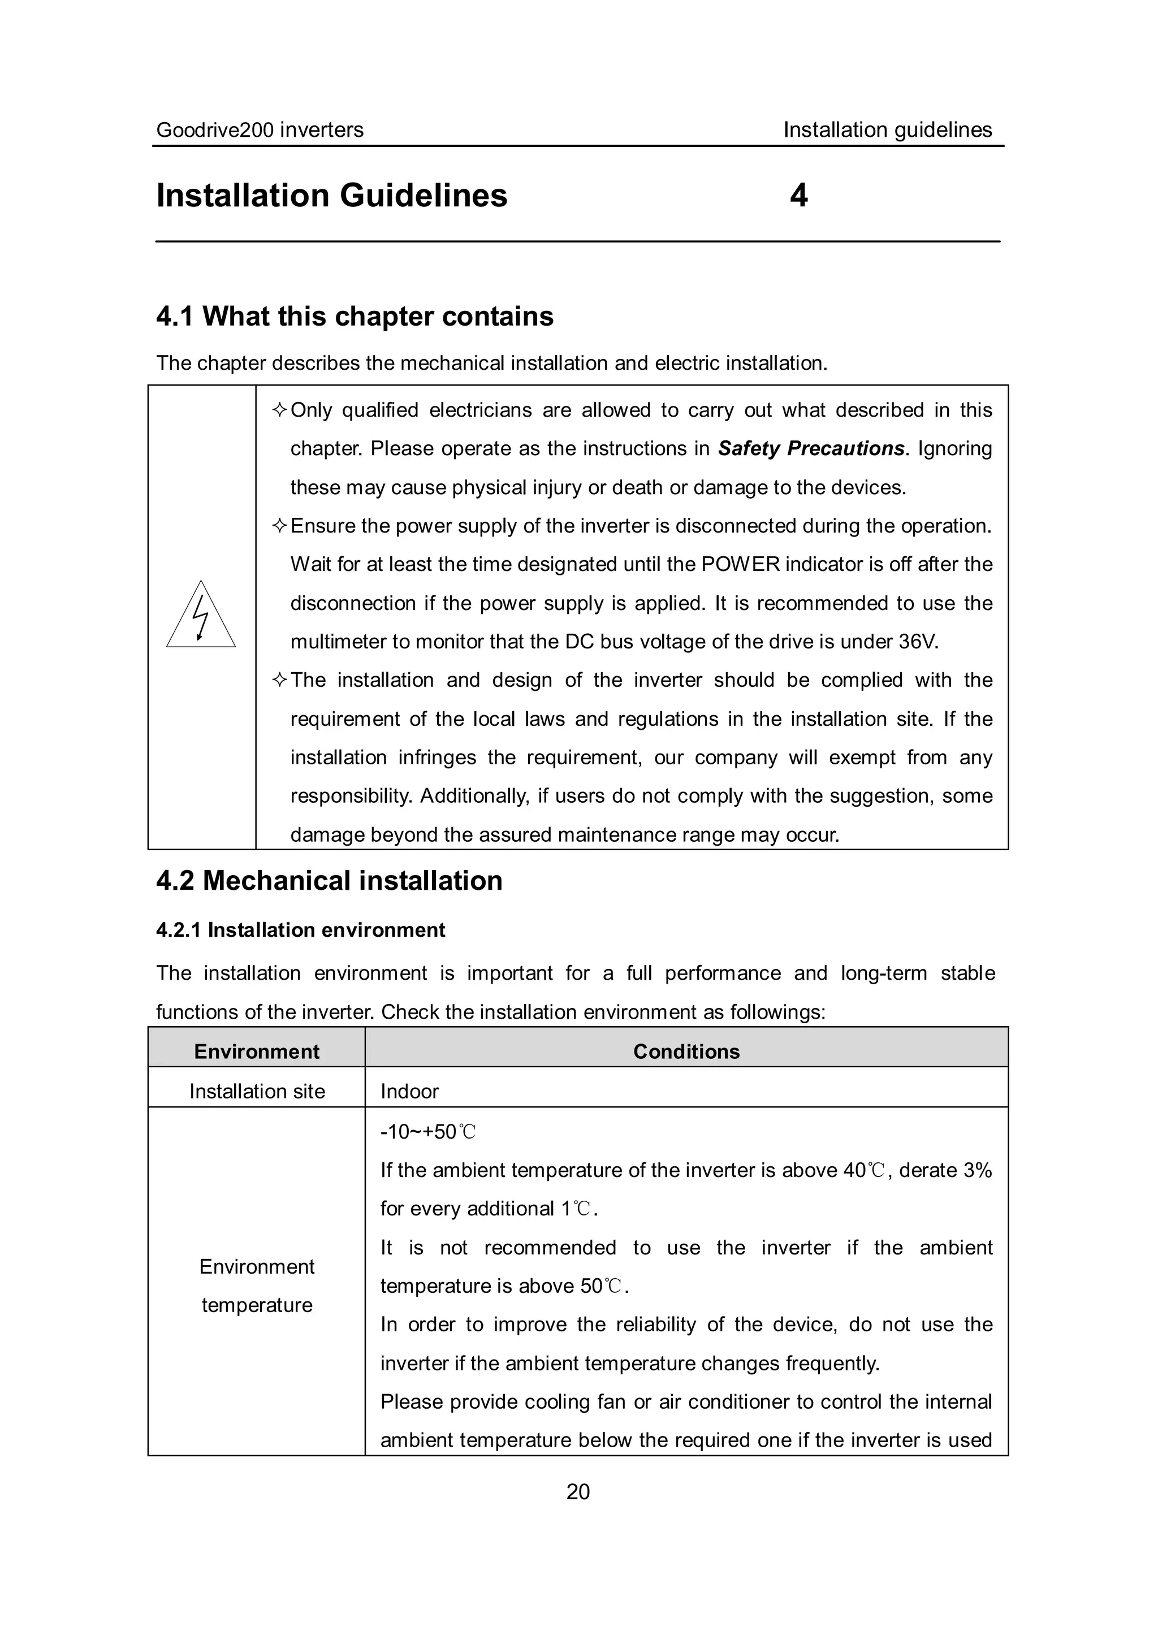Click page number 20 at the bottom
578,1491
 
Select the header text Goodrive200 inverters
260,130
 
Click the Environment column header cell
257,1051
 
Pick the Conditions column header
686,1051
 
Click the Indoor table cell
409,1092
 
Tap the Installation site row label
257,1092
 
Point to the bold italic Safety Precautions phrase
811,448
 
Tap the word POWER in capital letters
740,564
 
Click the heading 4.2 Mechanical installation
329,881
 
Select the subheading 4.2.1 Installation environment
300,930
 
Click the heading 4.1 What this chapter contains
355,317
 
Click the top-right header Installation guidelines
887,130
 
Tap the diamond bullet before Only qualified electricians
279,410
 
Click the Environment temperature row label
257,1286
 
